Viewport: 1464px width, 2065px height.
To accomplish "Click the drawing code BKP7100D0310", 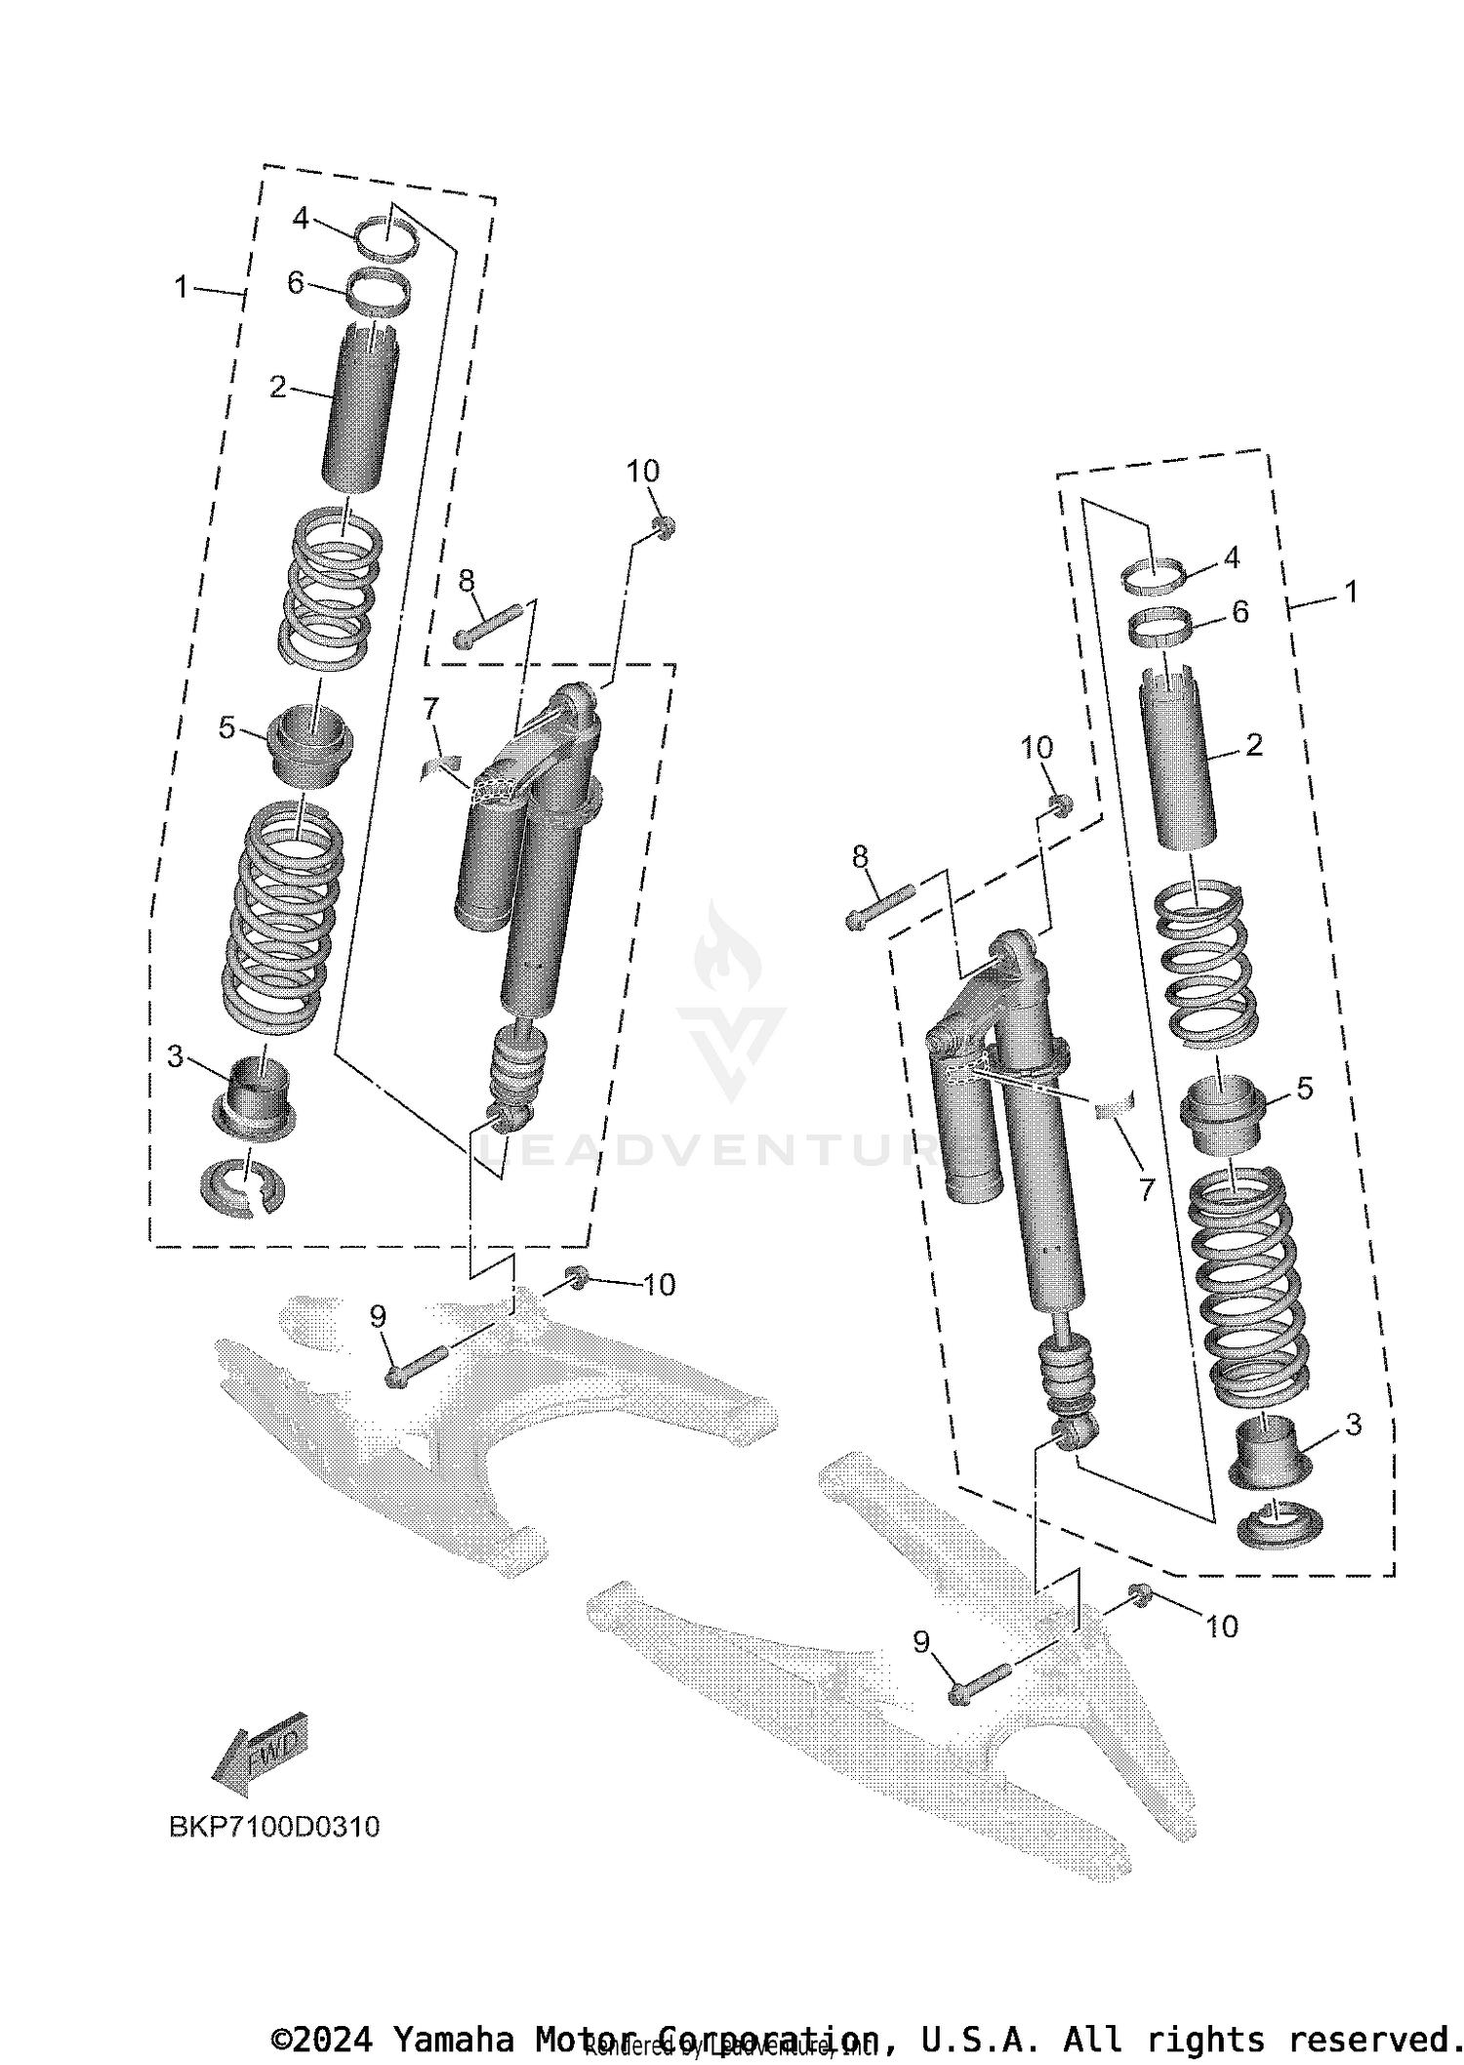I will pos(274,1827).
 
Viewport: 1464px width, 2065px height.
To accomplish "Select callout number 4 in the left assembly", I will pos(301,219).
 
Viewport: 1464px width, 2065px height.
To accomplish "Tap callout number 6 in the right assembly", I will pos(1240,612).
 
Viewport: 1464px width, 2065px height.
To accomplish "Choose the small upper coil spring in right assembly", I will pos(1199,959).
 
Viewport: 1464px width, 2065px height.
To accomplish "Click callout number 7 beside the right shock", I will pos(1146,1188).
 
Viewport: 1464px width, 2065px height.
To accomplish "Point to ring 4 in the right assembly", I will pos(1156,573).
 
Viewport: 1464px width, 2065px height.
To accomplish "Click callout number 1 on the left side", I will pos(181,287).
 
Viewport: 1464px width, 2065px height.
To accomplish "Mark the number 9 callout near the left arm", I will pos(378,1317).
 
